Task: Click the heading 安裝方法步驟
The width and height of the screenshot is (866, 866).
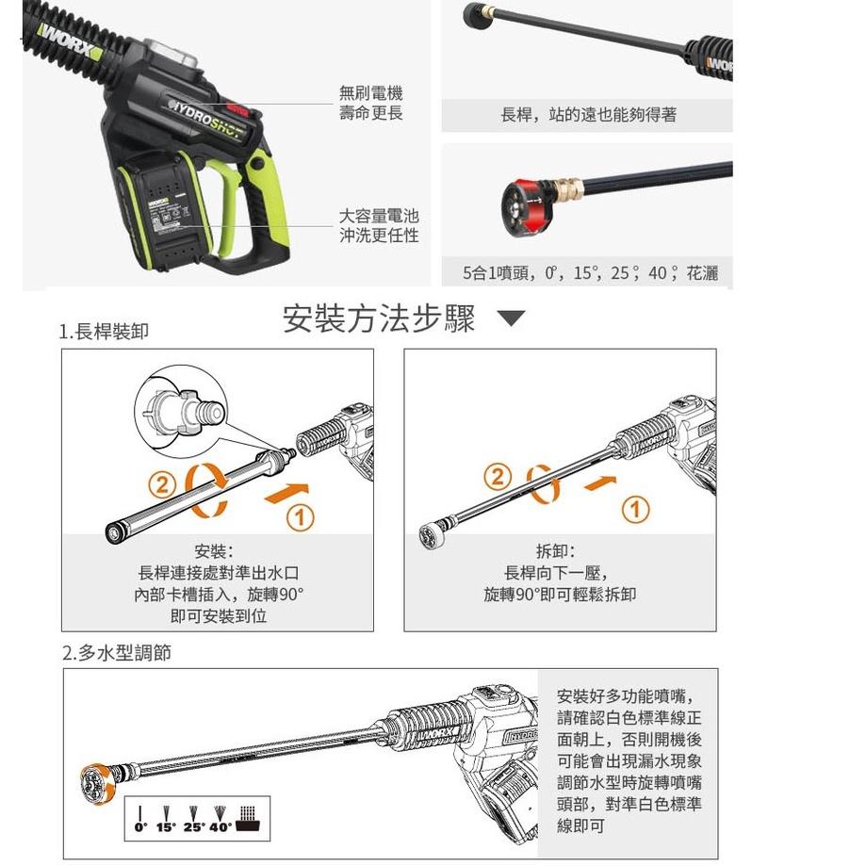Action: pos(379,319)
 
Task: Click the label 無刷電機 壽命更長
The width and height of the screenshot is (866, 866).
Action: pos(370,103)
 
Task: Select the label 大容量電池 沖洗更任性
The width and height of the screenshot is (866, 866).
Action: pos(378,226)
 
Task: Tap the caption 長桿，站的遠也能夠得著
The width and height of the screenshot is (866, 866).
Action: pos(588,115)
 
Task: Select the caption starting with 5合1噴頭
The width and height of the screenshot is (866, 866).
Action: pos(590,273)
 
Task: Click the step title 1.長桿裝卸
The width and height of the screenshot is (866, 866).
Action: pos(104,332)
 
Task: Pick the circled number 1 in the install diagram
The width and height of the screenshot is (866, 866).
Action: pos(301,515)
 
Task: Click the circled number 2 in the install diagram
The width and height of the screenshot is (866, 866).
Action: pos(163,485)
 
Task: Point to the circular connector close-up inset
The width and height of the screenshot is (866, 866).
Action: pos(182,412)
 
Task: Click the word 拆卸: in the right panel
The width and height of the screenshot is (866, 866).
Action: pos(560,551)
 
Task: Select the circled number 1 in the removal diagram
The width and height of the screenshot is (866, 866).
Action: pos(636,510)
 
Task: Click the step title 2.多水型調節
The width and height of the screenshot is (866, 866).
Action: pos(117,652)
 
